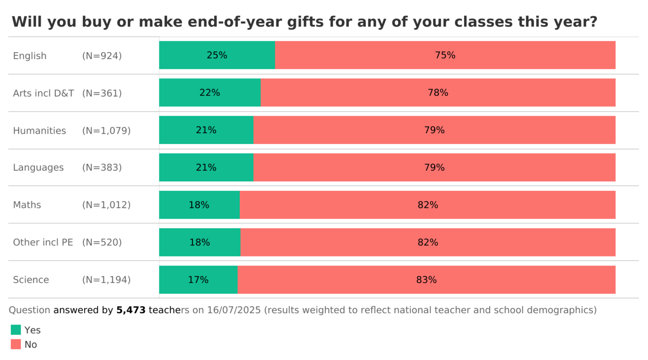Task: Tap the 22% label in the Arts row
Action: (x=210, y=93)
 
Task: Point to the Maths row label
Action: (x=27, y=205)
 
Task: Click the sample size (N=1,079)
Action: (x=106, y=130)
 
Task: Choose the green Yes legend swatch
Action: (x=16, y=330)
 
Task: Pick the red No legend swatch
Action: (x=16, y=344)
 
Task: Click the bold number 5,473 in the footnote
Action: (x=131, y=310)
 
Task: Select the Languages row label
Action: (x=38, y=167)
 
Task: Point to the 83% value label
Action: (x=426, y=280)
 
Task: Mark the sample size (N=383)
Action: (x=102, y=167)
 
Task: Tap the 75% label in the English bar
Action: (x=445, y=55)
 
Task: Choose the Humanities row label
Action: (x=40, y=130)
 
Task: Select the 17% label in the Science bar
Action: (x=198, y=280)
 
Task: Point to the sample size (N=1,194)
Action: (x=106, y=280)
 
